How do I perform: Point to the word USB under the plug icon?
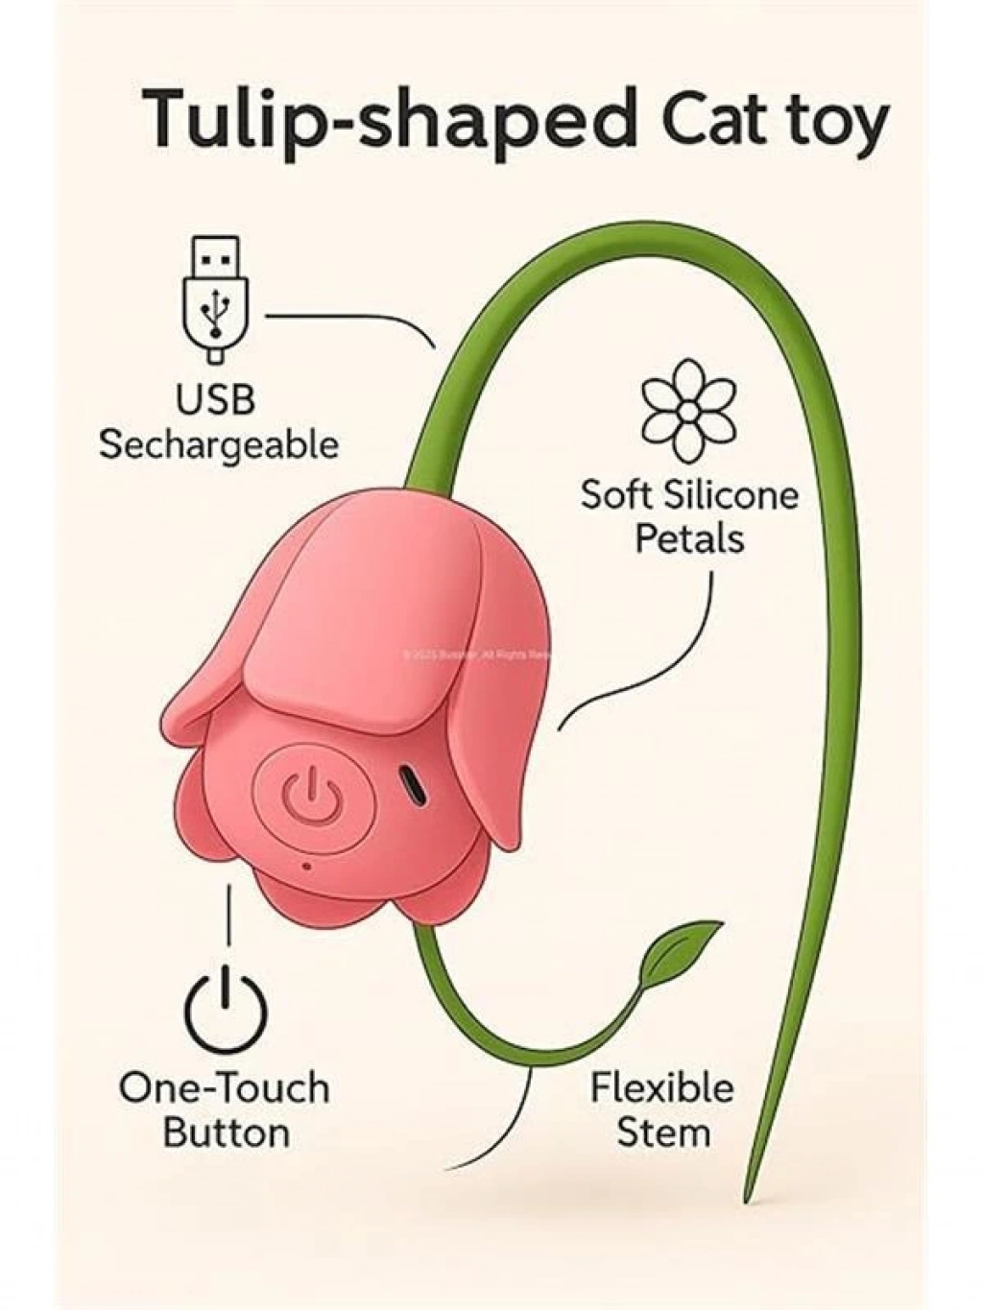click(x=215, y=399)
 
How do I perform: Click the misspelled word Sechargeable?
click(x=219, y=445)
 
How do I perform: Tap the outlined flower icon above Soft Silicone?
click(x=689, y=410)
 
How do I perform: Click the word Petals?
click(x=689, y=538)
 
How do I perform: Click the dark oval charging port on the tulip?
click(x=415, y=787)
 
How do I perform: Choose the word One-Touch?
click(x=225, y=1088)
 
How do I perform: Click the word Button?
click(x=226, y=1132)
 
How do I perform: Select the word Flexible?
click(x=661, y=1088)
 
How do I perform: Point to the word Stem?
click(x=662, y=1132)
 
